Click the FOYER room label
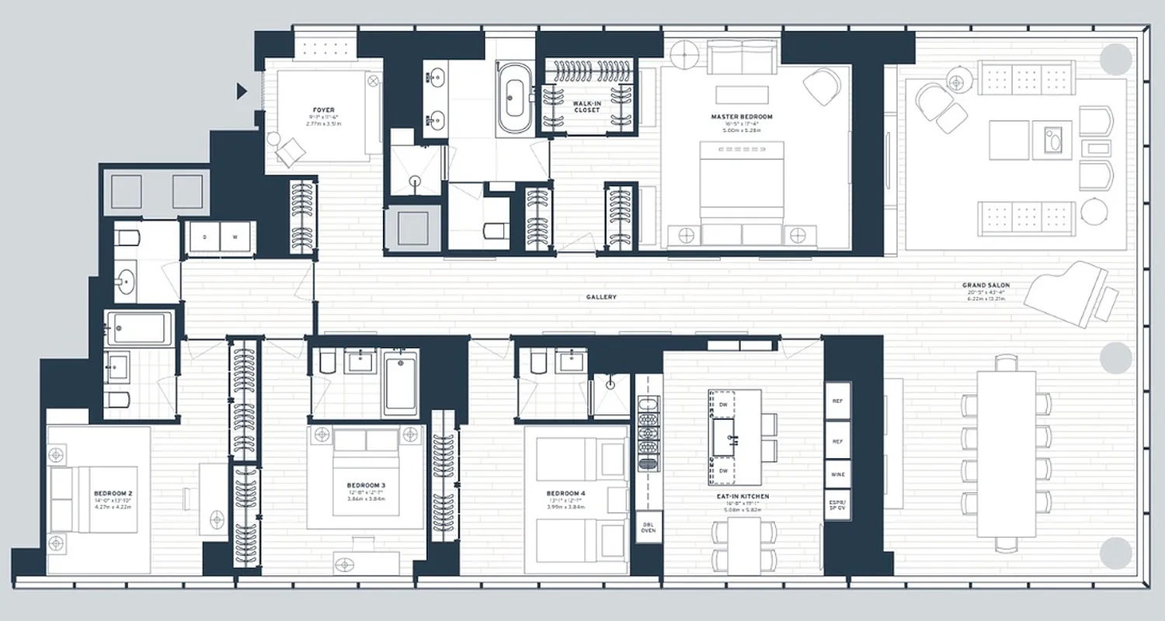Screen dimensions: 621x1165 [325, 110]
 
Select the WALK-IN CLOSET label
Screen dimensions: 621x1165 [586, 106]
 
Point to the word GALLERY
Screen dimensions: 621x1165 [601, 297]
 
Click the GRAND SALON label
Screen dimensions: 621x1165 [986, 286]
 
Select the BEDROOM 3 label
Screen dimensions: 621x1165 [366, 486]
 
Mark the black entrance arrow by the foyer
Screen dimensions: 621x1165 [242, 92]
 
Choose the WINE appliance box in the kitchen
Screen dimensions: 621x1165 [837, 474]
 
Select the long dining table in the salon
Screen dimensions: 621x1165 [1007, 454]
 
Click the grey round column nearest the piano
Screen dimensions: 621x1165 [1115, 357]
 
